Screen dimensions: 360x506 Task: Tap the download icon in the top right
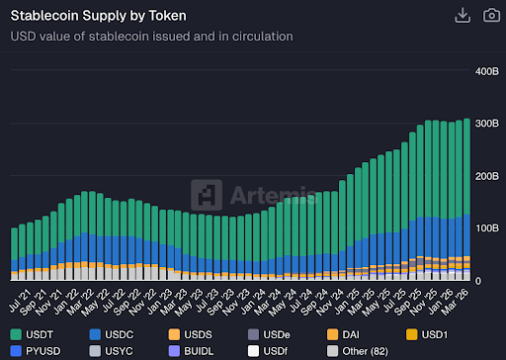(x=462, y=15)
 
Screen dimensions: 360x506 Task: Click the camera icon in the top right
(x=490, y=15)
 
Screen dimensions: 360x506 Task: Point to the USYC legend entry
(x=118, y=350)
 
